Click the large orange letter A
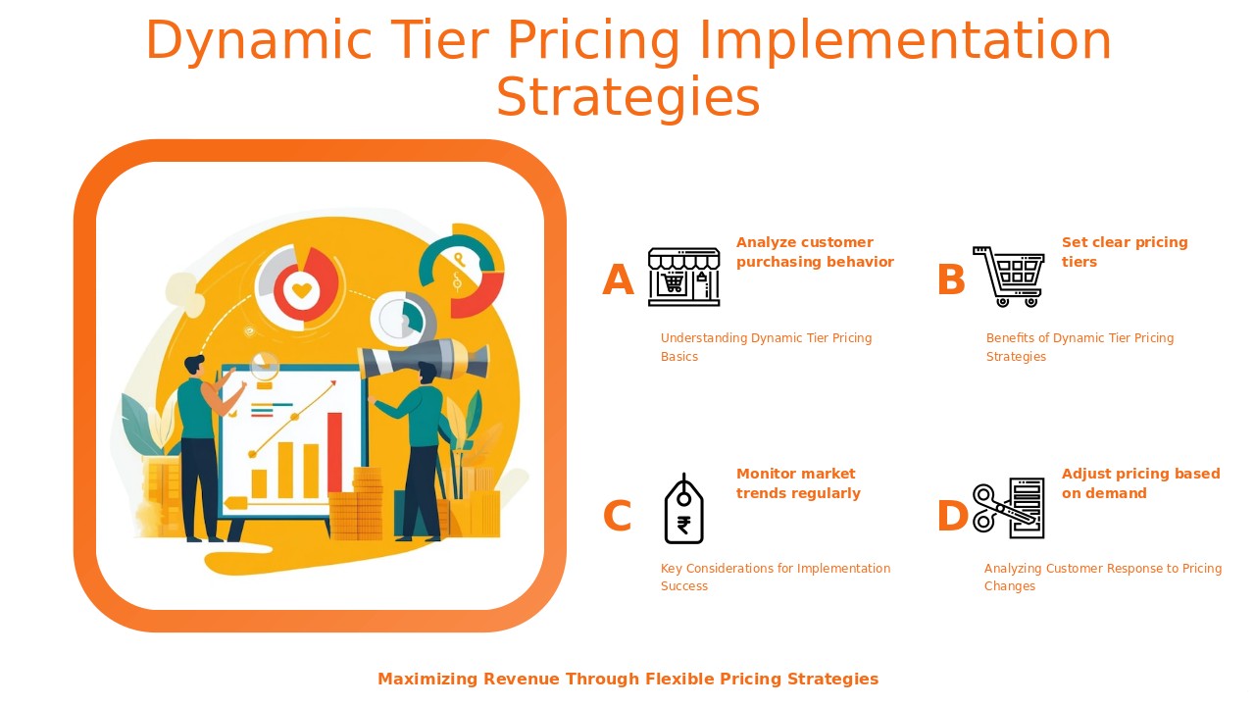(618, 279)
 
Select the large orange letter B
(951, 279)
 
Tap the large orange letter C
(618, 516)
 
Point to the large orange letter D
(952, 516)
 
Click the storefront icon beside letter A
(683, 277)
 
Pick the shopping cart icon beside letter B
(1009, 277)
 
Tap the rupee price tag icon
(683, 509)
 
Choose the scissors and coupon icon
(1009, 508)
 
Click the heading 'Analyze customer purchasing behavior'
(815, 252)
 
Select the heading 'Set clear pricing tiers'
(1125, 252)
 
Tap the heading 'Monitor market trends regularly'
(798, 483)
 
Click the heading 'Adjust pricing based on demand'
(1140, 483)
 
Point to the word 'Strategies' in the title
(628, 97)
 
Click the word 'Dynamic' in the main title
(259, 40)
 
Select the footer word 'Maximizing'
(427, 680)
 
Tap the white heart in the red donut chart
(302, 290)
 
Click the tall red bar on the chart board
(334, 454)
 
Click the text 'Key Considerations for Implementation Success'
(776, 578)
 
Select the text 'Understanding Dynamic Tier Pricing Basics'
(767, 347)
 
